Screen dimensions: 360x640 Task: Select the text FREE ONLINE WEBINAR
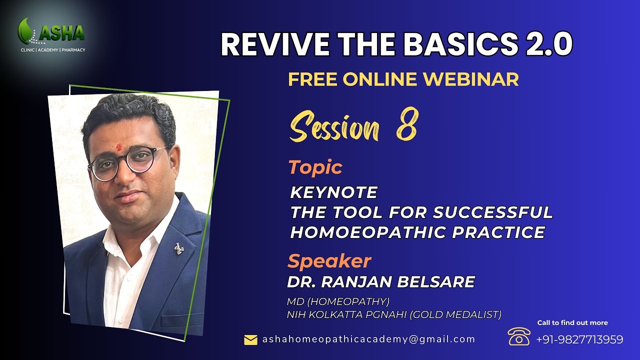tap(403, 79)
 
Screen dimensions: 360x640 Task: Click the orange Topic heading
tap(315, 167)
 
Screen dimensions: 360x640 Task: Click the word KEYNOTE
tap(333, 192)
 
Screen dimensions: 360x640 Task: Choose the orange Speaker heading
tap(329, 261)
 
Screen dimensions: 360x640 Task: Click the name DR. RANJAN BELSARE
tap(380, 282)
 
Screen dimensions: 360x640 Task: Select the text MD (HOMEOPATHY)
tap(338, 302)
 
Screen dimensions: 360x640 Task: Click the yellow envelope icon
tap(250, 340)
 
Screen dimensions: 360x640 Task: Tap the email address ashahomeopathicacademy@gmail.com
tap(368, 339)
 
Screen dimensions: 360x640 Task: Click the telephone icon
tap(518, 336)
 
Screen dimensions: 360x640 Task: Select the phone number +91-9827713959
tap(579, 339)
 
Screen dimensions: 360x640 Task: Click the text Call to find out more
tap(572, 322)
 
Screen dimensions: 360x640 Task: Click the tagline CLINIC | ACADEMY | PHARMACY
tap(52, 50)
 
